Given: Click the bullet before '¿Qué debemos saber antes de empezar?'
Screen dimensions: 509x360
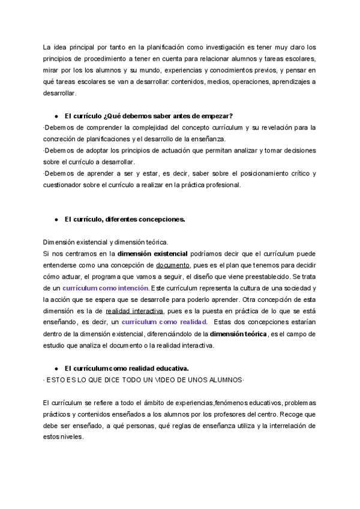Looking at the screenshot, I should (56, 116).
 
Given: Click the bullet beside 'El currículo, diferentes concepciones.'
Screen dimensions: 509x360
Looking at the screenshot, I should (56, 220).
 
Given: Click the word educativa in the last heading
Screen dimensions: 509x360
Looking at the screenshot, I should (172, 369).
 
